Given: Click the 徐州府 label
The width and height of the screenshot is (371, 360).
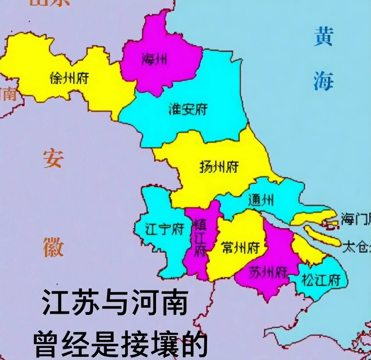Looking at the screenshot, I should [x=69, y=78].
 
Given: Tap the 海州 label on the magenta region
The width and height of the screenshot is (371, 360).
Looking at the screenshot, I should [x=154, y=60].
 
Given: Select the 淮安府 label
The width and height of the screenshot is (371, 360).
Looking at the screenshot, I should [x=188, y=109].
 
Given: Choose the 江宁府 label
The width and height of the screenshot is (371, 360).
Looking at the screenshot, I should [x=164, y=229].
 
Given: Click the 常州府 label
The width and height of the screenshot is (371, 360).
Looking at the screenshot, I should [x=241, y=247].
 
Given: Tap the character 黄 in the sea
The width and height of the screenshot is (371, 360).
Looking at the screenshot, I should [x=323, y=37].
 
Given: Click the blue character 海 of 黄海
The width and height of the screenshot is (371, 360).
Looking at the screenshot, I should [x=323, y=81].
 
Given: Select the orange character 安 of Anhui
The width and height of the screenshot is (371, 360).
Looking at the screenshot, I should [x=53, y=158].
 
